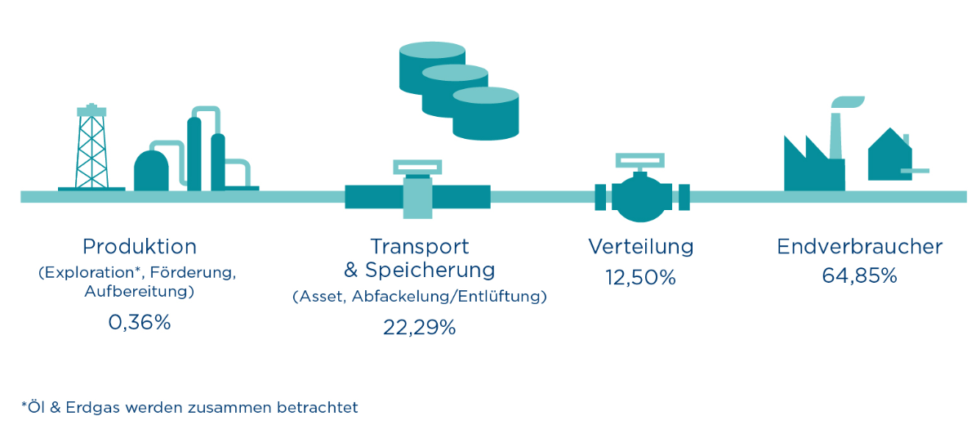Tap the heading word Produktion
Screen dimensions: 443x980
click(x=140, y=246)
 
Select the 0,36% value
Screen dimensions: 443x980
click(x=140, y=323)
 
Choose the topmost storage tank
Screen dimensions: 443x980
click(x=432, y=65)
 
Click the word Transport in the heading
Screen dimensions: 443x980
click(x=420, y=246)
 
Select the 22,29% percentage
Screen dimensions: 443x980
click(x=420, y=328)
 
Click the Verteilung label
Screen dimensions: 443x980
click(x=641, y=246)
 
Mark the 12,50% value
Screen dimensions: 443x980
click(x=641, y=278)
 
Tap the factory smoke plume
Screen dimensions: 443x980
click(x=849, y=102)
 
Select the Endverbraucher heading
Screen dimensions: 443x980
click(x=859, y=246)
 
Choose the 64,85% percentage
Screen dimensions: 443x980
click(x=859, y=276)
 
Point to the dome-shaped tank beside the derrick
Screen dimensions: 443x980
click(x=151, y=170)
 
